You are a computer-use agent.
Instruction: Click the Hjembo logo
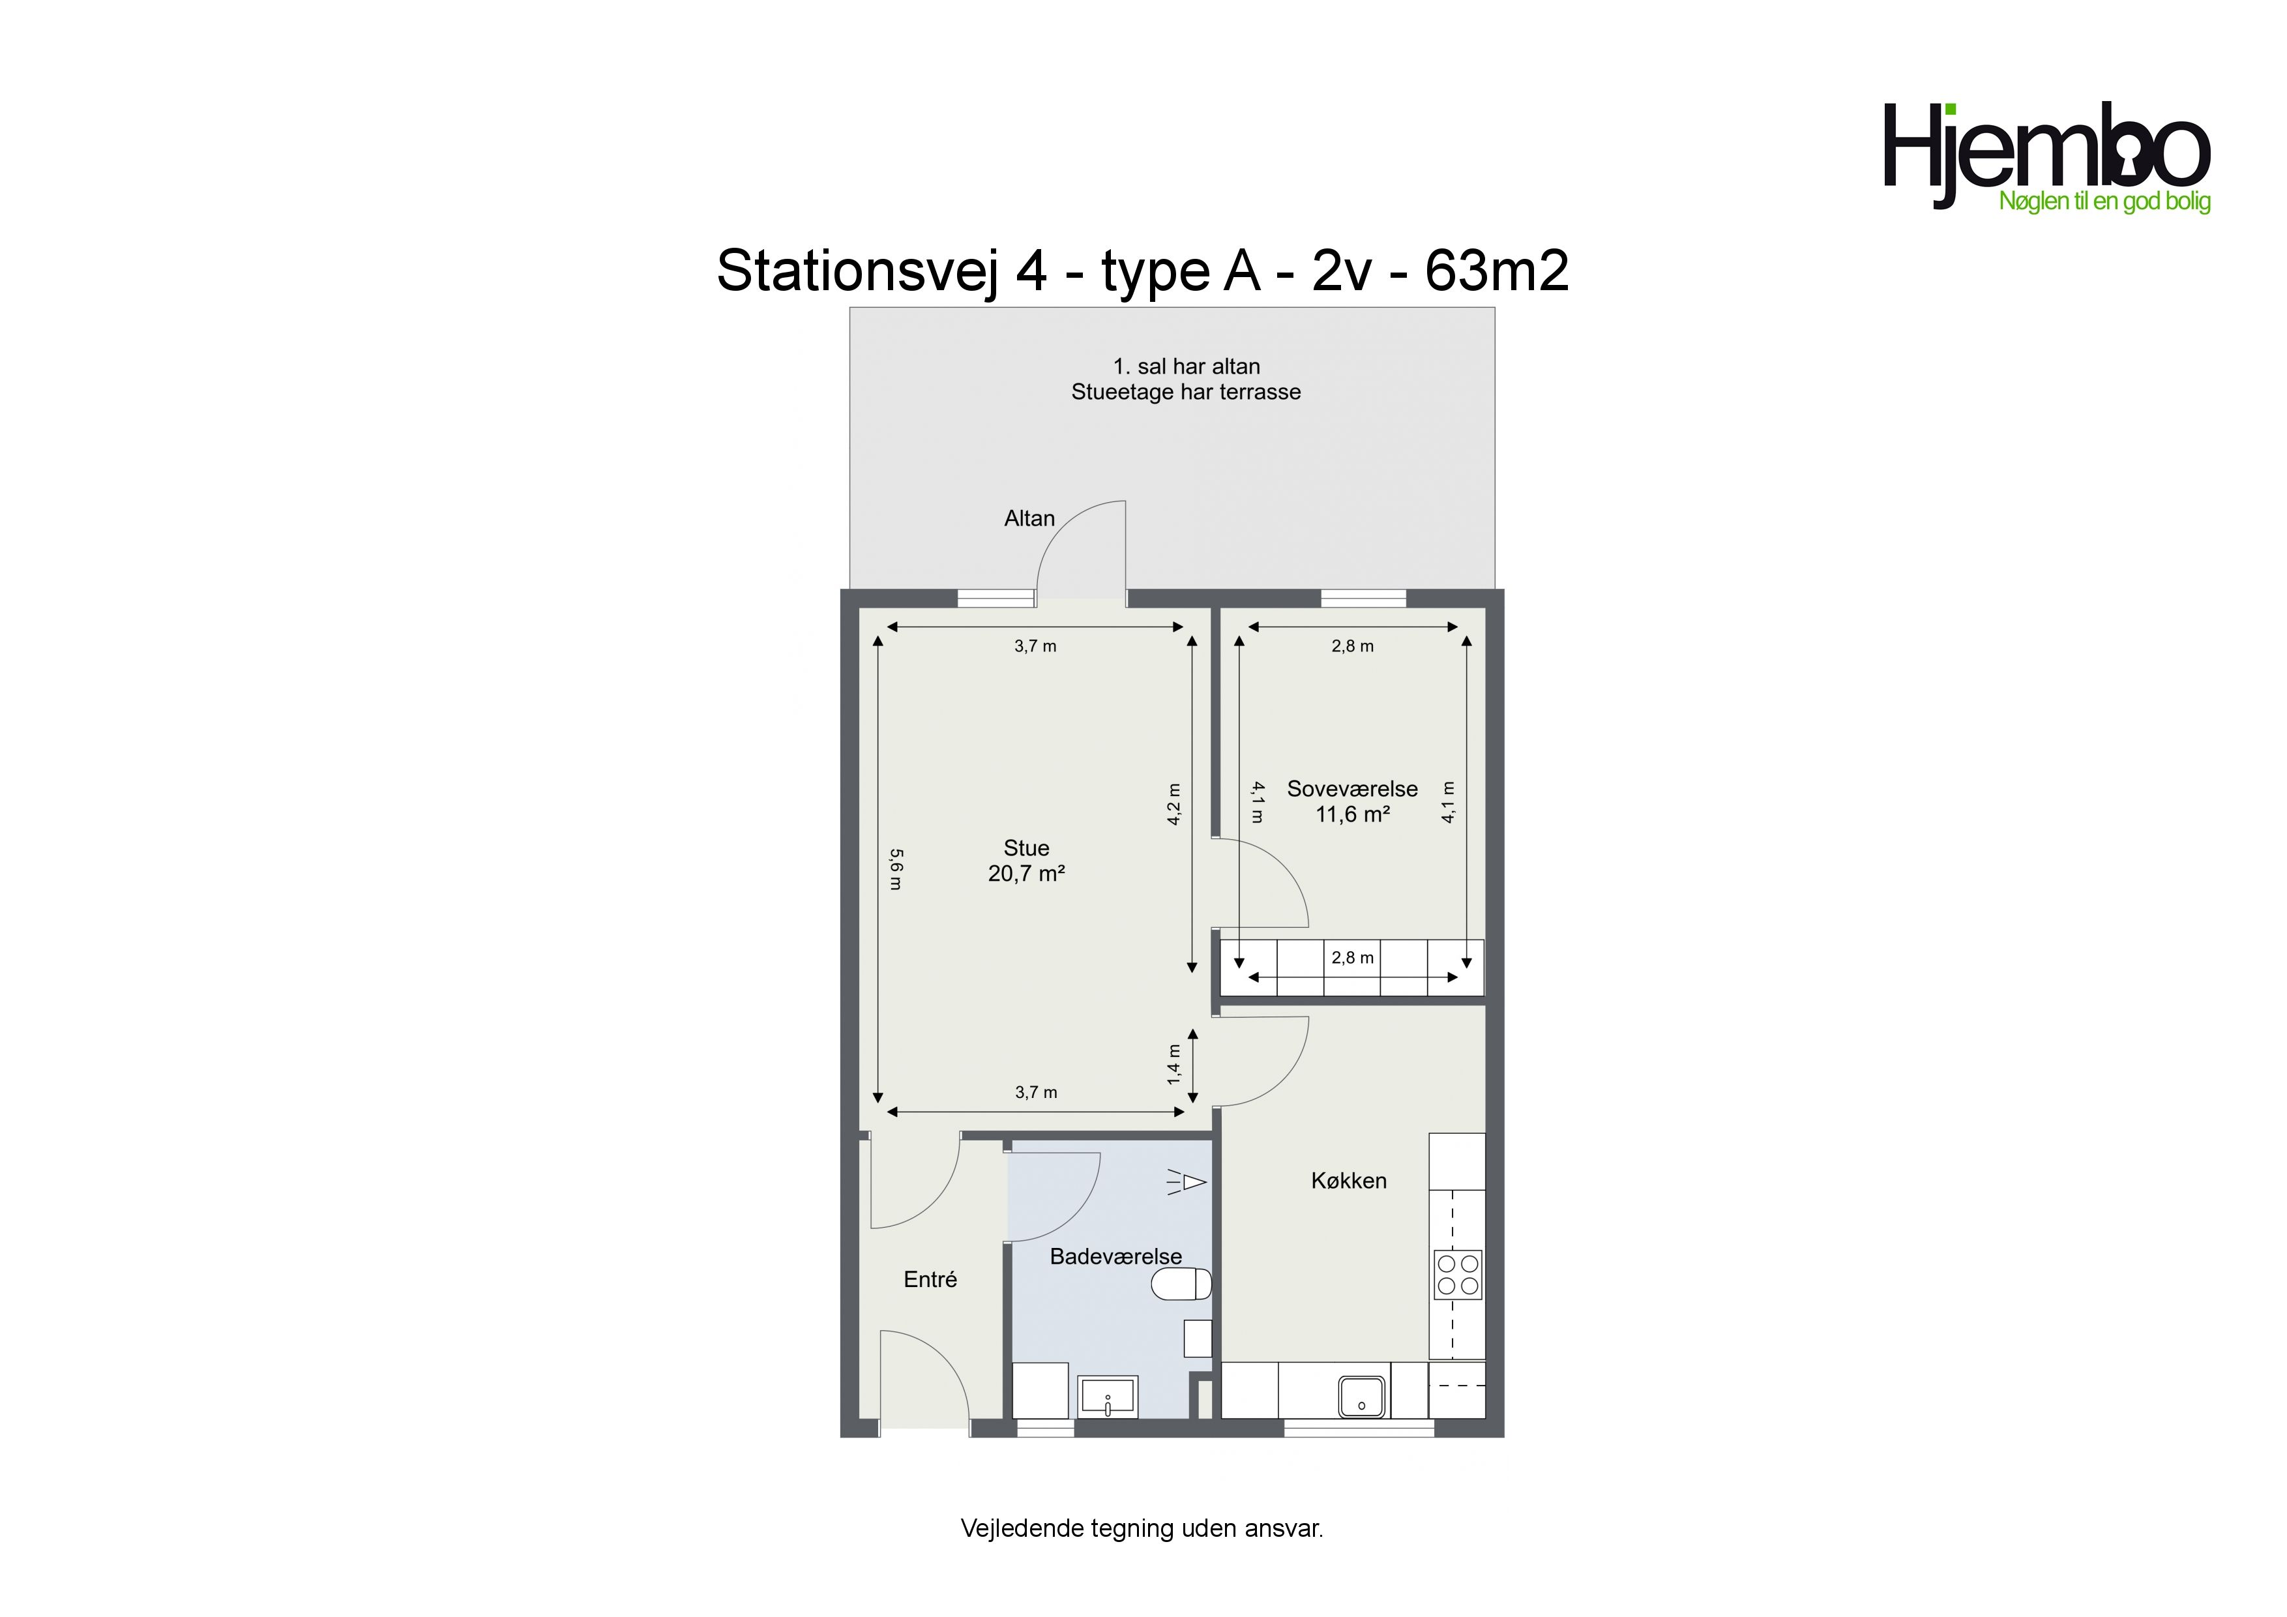[x=2047, y=157]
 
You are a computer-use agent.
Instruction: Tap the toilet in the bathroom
[x=1181, y=1284]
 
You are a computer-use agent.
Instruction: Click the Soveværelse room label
[x=1351, y=789]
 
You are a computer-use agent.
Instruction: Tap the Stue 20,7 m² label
[x=1026, y=861]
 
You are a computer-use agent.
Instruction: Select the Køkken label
[x=1349, y=1181]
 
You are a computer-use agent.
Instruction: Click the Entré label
[x=930, y=1279]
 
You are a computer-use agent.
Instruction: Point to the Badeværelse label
[x=1115, y=1256]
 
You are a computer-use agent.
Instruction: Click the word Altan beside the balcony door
[x=1029, y=518]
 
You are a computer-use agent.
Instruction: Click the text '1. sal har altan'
[x=1187, y=366]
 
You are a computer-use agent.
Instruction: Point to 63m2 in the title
[x=1496, y=270]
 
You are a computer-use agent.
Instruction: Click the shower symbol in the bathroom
[x=1187, y=1183]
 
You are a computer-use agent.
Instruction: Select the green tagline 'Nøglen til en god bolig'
[x=2104, y=201]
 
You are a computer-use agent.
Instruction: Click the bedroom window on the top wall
[x=1363, y=598]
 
